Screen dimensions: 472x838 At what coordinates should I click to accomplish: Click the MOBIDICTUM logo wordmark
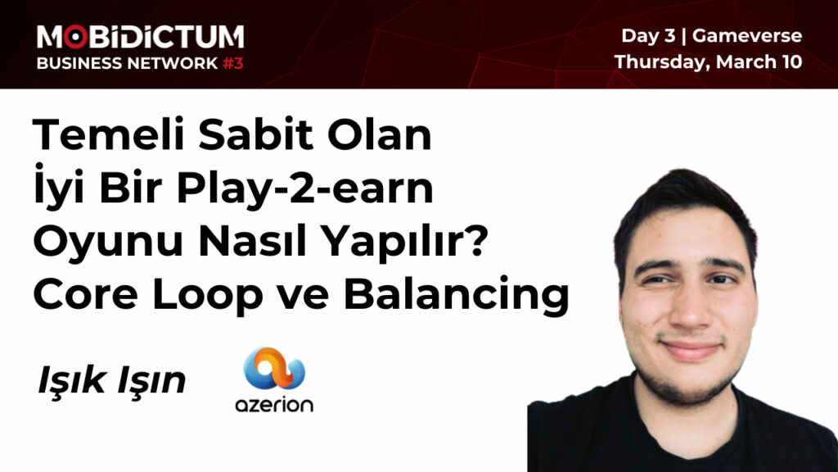[x=140, y=36]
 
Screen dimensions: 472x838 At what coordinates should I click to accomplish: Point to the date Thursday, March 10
[x=708, y=61]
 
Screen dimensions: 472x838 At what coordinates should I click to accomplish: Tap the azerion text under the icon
[x=274, y=404]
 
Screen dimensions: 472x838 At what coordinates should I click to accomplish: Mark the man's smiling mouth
[x=688, y=347]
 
